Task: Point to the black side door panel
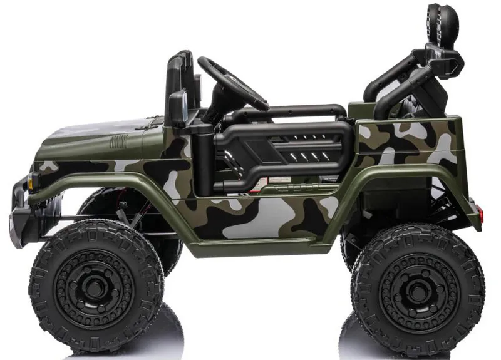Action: (282, 150)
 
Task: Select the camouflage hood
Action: (100, 135)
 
